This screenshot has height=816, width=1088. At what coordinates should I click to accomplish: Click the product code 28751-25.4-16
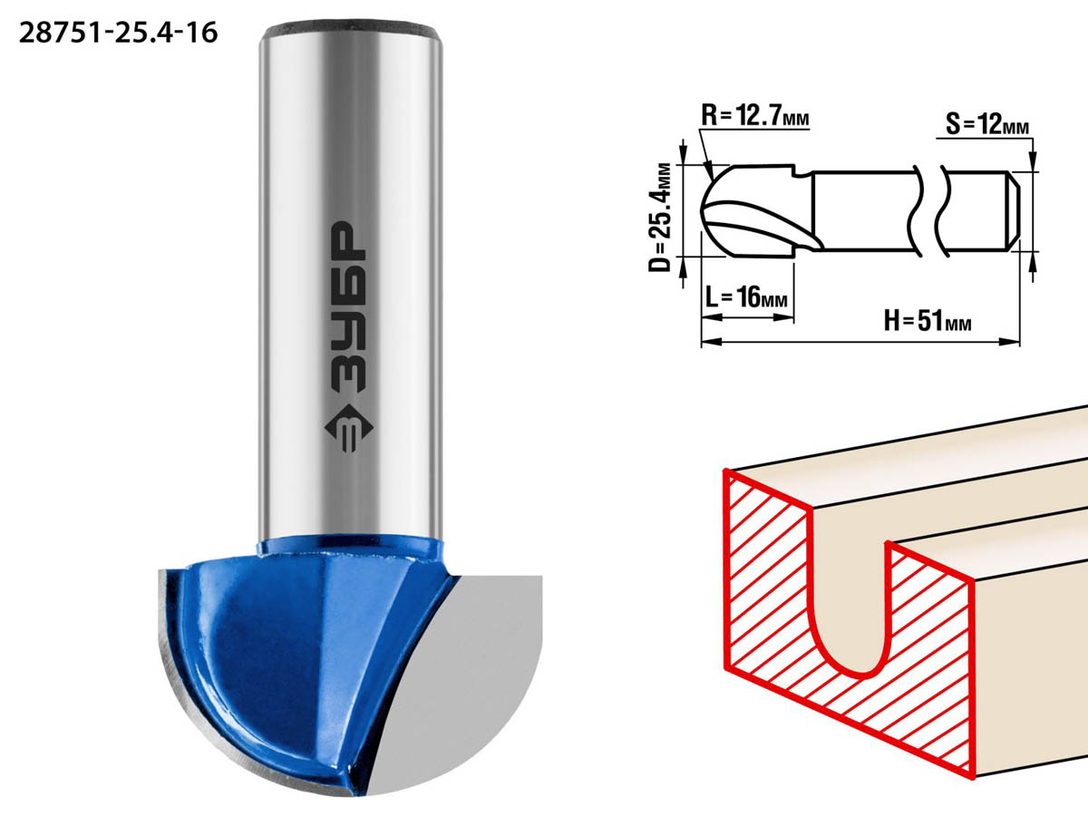tap(119, 34)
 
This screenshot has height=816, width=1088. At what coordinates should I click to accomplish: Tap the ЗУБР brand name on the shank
tap(348, 306)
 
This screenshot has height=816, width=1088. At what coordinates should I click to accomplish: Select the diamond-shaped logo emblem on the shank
tap(348, 428)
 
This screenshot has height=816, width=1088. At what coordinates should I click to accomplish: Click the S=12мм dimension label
tap(986, 124)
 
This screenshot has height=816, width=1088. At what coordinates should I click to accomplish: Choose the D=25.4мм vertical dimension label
tap(660, 218)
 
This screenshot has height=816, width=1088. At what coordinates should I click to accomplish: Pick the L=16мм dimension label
tap(746, 297)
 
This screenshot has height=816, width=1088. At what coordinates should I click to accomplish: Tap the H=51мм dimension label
tap(928, 321)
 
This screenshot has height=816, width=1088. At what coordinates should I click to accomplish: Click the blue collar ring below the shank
tap(350, 547)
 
